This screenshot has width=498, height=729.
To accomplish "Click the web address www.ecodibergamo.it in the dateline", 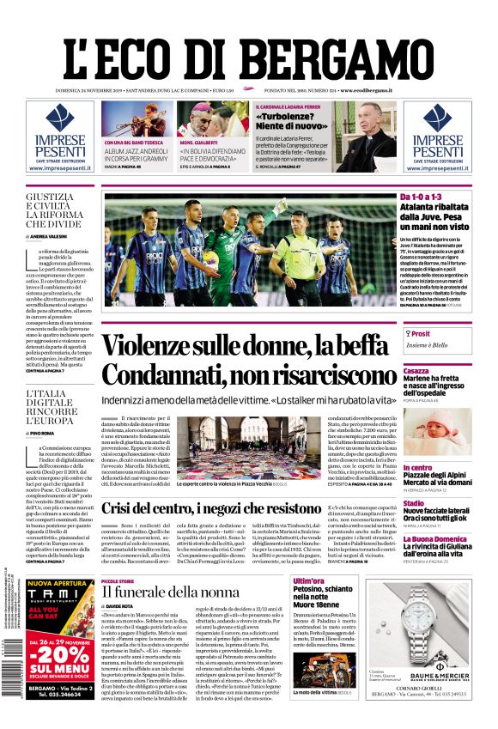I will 366,90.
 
